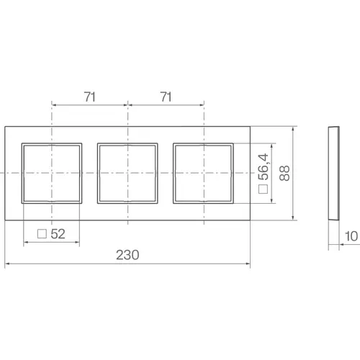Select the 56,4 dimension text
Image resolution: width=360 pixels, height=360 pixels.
click(263, 168)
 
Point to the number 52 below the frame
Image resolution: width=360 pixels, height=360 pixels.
click(58, 233)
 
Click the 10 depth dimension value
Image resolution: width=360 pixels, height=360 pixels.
click(350, 235)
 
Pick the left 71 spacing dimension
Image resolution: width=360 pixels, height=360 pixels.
click(89, 94)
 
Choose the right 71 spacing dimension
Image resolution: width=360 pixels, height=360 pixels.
click(165, 94)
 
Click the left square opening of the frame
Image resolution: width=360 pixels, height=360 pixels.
click(51, 173)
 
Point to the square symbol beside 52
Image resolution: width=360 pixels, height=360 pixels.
click(42, 233)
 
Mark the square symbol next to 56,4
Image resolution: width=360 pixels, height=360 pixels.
click(263, 191)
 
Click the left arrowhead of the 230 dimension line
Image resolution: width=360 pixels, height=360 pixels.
click(7, 264)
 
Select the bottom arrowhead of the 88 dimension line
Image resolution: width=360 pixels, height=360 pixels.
click(294, 217)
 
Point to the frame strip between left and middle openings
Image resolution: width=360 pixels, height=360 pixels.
click(89, 173)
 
